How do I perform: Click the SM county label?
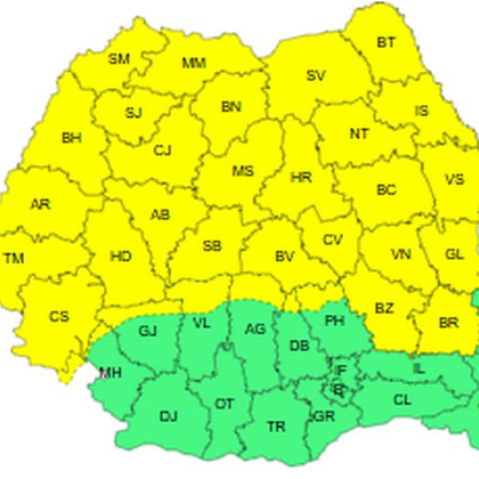(119, 59)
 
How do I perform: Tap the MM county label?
(194, 64)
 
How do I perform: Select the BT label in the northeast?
(386, 42)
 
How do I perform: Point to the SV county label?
(315, 76)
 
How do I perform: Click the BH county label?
(71, 138)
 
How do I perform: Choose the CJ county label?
(162, 149)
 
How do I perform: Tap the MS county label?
(243, 171)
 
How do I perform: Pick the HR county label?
(301, 178)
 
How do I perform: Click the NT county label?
(358, 134)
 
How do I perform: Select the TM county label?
(14, 259)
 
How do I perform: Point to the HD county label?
(122, 257)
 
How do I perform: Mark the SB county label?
(213, 246)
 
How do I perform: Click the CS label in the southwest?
(58, 316)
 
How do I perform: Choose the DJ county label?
(169, 416)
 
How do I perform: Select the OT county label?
(223, 404)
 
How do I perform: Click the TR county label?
(277, 426)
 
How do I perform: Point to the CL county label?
(402, 399)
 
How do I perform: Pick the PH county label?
(334, 320)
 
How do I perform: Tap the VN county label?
(401, 255)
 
